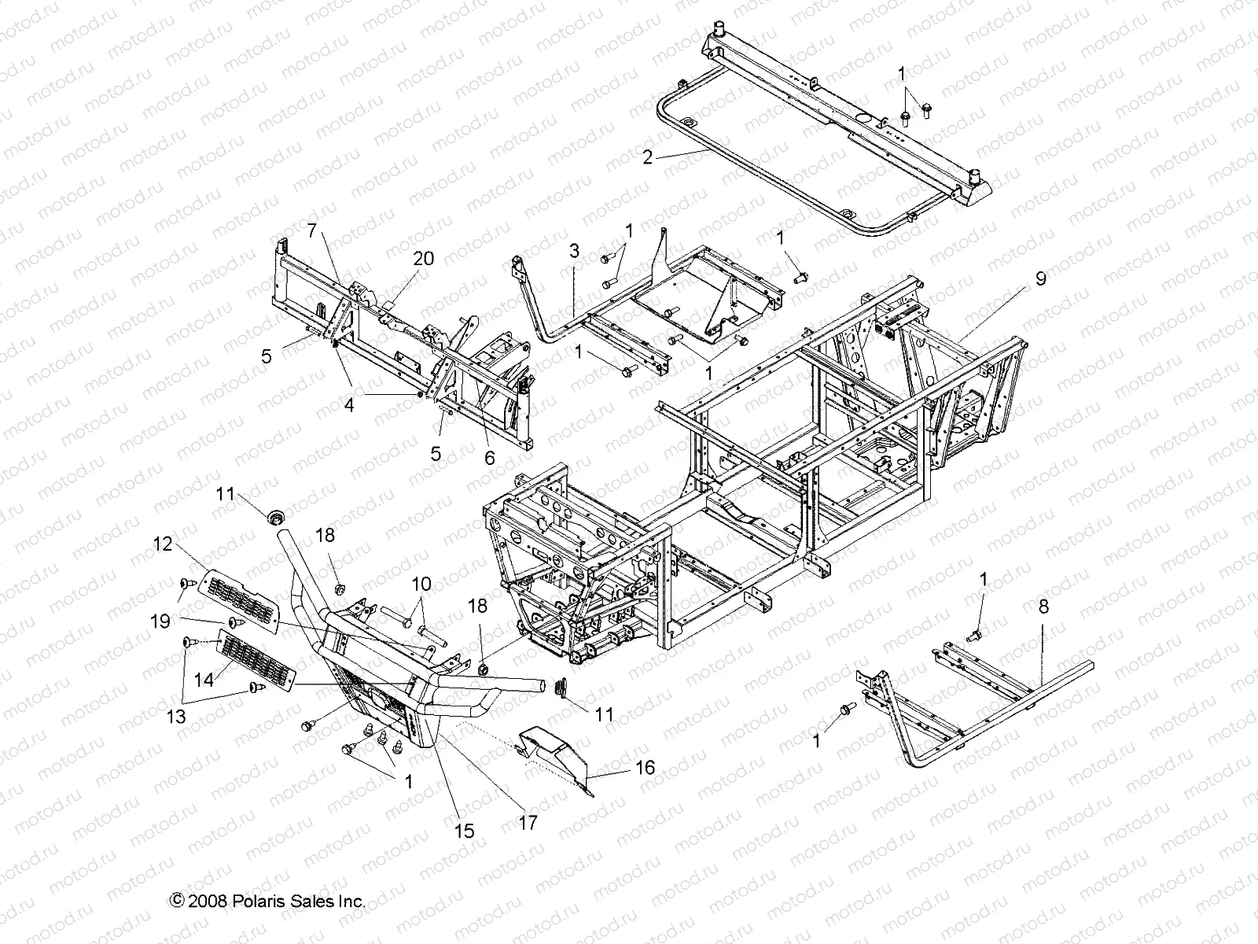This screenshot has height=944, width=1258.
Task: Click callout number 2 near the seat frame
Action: [x=647, y=157]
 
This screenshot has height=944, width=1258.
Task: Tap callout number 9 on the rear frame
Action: [x=1040, y=279]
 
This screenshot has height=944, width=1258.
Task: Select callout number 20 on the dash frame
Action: [x=424, y=260]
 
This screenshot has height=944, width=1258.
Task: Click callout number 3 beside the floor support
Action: [x=575, y=252]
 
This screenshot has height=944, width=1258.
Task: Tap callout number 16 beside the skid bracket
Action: [x=645, y=767]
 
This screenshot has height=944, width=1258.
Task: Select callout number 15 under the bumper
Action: [x=465, y=831]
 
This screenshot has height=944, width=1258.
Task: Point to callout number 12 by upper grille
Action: [x=162, y=544]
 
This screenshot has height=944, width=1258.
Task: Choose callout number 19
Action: [x=160, y=621]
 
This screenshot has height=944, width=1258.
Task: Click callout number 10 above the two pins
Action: [x=422, y=584]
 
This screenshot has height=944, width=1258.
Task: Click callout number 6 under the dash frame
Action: [x=490, y=458]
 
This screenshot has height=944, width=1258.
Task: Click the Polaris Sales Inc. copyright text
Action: [x=267, y=902]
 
